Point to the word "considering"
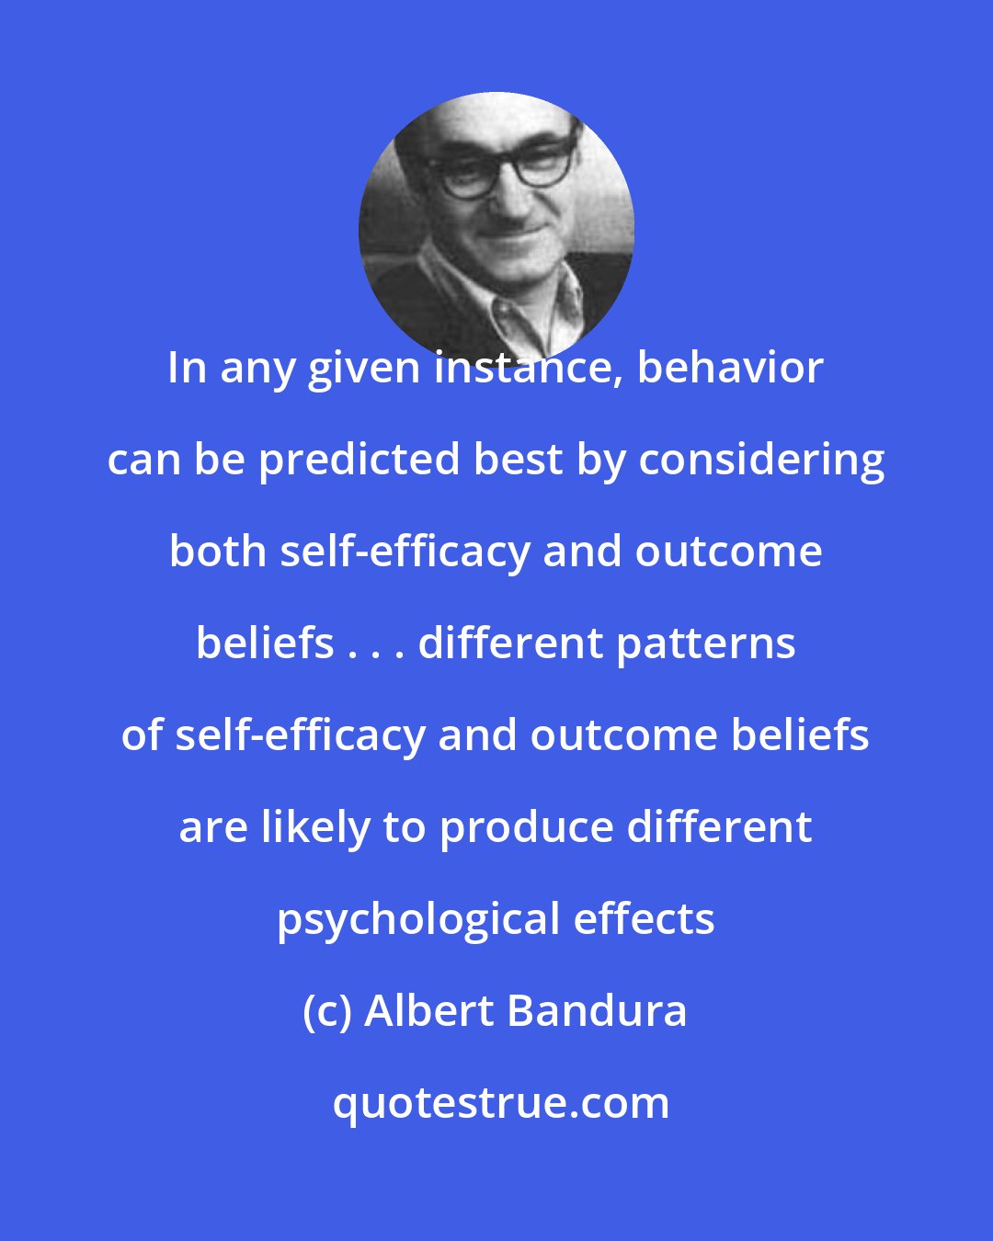761,461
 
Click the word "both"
218,552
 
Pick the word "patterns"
705,644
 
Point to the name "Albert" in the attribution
429,1012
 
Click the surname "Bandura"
597,1012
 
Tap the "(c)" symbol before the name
327,1012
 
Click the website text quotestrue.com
500,1104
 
